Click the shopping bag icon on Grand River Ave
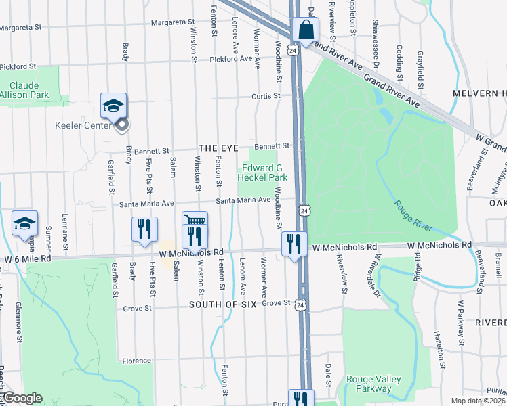coord(306,30)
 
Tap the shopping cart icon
coord(194,221)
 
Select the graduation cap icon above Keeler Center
coord(113,105)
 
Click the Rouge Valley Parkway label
coord(369,384)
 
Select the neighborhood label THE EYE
coord(216,148)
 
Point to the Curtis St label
coord(266,96)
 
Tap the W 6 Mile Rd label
coord(28,258)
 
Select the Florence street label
coord(137,361)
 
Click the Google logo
coord(22,398)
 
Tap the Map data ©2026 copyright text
coord(479,401)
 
